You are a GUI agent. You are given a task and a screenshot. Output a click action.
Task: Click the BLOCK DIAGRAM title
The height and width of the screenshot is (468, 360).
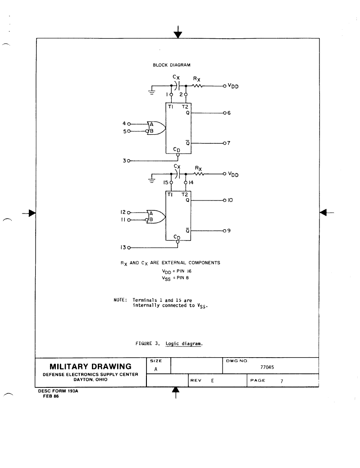point(171,65)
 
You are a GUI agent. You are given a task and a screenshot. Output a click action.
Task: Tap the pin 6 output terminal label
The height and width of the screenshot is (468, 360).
point(229,113)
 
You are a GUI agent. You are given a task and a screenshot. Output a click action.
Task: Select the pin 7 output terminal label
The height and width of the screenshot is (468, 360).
point(228,143)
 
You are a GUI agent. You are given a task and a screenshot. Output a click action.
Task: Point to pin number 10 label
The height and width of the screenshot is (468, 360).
point(230,200)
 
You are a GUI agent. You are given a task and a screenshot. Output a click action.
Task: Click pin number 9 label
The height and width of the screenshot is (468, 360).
point(229,231)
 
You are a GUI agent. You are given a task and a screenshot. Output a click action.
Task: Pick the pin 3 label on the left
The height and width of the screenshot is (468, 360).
point(124,161)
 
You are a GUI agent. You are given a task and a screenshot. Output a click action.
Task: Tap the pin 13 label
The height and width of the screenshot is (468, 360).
point(123,247)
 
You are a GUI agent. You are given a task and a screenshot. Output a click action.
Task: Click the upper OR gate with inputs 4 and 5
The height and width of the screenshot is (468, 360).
point(156,128)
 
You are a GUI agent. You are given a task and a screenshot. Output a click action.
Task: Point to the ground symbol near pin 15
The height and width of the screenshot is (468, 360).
point(152,179)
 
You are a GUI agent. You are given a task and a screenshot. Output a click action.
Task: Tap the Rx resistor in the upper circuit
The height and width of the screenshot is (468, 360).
point(197,86)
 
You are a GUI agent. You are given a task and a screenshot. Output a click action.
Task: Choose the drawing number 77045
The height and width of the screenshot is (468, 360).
point(267,368)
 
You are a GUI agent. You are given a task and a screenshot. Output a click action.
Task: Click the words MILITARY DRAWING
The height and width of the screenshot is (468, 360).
point(91,367)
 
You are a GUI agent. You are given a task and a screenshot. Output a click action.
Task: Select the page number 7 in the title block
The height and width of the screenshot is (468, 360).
point(282,381)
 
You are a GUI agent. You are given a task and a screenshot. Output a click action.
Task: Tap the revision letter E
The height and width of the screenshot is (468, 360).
point(212,381)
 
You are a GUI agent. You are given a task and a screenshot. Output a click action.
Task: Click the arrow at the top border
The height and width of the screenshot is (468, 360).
point(178,32)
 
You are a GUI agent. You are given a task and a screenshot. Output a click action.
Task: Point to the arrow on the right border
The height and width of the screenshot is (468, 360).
point(327,213)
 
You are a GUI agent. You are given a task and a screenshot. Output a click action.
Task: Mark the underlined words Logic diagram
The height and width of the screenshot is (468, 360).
point(184,344)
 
